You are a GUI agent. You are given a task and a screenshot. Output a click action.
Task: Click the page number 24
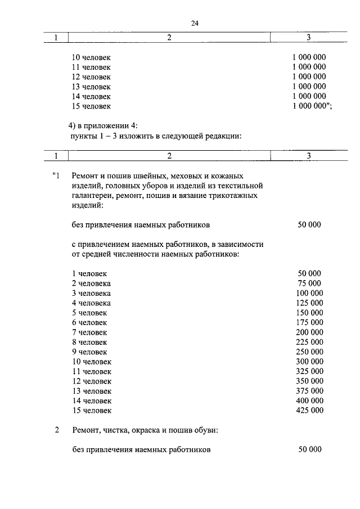[195, 24]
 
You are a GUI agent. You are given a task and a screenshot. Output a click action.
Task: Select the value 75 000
[309, 283]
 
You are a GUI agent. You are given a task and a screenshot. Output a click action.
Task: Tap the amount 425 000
[309, 411]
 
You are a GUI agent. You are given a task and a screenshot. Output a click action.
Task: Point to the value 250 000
[309, 352]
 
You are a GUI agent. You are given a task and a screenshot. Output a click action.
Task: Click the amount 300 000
[309, 361]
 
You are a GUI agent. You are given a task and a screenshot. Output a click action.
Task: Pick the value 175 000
[309, 322]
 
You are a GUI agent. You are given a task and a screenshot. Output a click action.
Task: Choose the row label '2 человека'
[91, 283]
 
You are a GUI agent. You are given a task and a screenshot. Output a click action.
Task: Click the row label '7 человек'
[89, 332]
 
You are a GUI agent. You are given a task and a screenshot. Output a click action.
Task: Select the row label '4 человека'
[91, 303]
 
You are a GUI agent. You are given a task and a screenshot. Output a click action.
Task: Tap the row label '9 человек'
[89, 352]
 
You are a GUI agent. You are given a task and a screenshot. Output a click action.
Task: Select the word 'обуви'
[205, 431]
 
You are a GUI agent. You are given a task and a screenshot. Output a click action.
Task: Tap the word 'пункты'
[80, 136]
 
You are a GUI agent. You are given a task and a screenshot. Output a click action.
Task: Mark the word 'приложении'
[104, 126]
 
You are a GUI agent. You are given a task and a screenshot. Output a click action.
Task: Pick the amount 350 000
[309, 381]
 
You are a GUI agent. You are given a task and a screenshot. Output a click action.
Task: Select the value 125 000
[309, 303]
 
